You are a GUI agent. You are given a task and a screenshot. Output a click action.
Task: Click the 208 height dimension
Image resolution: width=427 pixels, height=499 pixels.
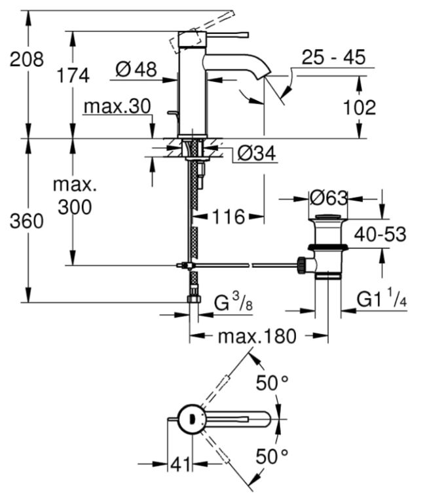[27, 60]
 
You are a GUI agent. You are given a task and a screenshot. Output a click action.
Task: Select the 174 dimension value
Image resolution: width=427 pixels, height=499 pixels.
[72, 76]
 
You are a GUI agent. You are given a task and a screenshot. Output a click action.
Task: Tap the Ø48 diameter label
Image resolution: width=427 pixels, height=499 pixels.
[136, 69]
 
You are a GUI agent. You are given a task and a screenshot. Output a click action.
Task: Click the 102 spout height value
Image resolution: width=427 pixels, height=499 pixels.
[359, 107]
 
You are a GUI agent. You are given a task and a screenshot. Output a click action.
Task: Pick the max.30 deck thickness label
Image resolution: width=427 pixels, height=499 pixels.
[118, 106]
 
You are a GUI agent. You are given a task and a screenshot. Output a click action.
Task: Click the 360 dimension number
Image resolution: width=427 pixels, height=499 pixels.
[27, 221]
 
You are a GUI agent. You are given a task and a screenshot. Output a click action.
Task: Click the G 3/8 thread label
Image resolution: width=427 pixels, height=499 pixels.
[233, 303]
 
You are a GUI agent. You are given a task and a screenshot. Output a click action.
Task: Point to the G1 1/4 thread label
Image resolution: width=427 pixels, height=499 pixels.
[382, 300]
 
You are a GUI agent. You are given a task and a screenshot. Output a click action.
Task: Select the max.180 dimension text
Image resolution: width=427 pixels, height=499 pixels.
[257, 337]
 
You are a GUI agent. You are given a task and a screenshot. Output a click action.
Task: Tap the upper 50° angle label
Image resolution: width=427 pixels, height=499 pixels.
[272, 384]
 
